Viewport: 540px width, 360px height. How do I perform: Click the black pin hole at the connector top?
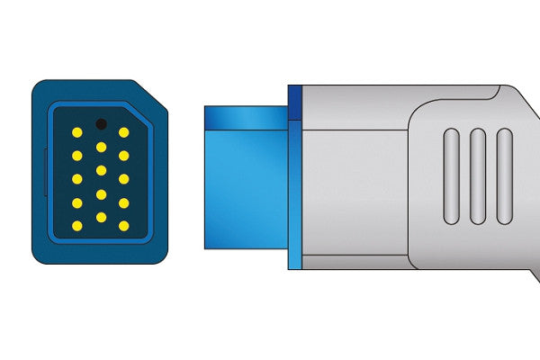(101, 123)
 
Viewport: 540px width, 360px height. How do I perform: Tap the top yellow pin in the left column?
(77, 132)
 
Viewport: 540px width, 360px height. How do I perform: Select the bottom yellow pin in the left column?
(77, 226)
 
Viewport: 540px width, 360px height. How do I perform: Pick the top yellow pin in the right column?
(123, 132)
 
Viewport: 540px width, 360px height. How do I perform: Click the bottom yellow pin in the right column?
(123, 226)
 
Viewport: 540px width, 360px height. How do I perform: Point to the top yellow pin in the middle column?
(101, 147)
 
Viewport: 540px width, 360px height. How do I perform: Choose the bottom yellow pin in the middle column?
(101, 217)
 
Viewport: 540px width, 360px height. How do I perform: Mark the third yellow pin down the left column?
(77, 179)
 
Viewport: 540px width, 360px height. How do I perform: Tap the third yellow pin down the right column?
(123, 179)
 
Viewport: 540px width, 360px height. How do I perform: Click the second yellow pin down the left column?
(77, 156)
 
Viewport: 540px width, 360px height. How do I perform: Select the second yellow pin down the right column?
(123, 156)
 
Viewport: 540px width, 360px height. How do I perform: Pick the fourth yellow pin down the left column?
(77, 202)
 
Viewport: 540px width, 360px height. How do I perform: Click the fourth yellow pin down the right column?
(123, 202)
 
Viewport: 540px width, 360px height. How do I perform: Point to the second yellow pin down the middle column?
(101, 170)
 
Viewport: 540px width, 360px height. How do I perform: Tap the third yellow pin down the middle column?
(101, 193)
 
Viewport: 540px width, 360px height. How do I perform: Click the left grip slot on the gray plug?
(451, 176)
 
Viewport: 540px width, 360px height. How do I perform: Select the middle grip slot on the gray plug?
(478, 176)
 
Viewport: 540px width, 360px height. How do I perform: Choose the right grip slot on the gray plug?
(504, 176)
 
